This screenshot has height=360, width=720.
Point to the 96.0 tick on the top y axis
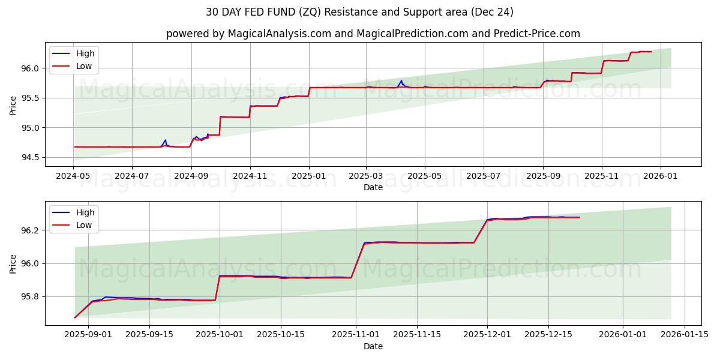coord(31,68)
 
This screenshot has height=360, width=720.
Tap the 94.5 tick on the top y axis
coord(31,158)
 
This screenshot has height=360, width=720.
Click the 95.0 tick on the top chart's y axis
coord(31,128)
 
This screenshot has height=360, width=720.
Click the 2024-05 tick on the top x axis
coord(73,176)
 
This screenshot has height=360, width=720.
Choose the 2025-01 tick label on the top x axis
coord(309,176)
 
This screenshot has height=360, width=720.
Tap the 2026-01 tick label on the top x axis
coord(661,176)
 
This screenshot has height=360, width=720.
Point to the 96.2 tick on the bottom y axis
coord(31,230)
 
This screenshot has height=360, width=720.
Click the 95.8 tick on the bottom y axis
coord(31,297)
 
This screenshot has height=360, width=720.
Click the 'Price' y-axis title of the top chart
coord(13,105)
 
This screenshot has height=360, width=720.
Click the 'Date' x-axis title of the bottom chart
coord(373,346)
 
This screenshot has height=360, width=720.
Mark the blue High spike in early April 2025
coord(401,81)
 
